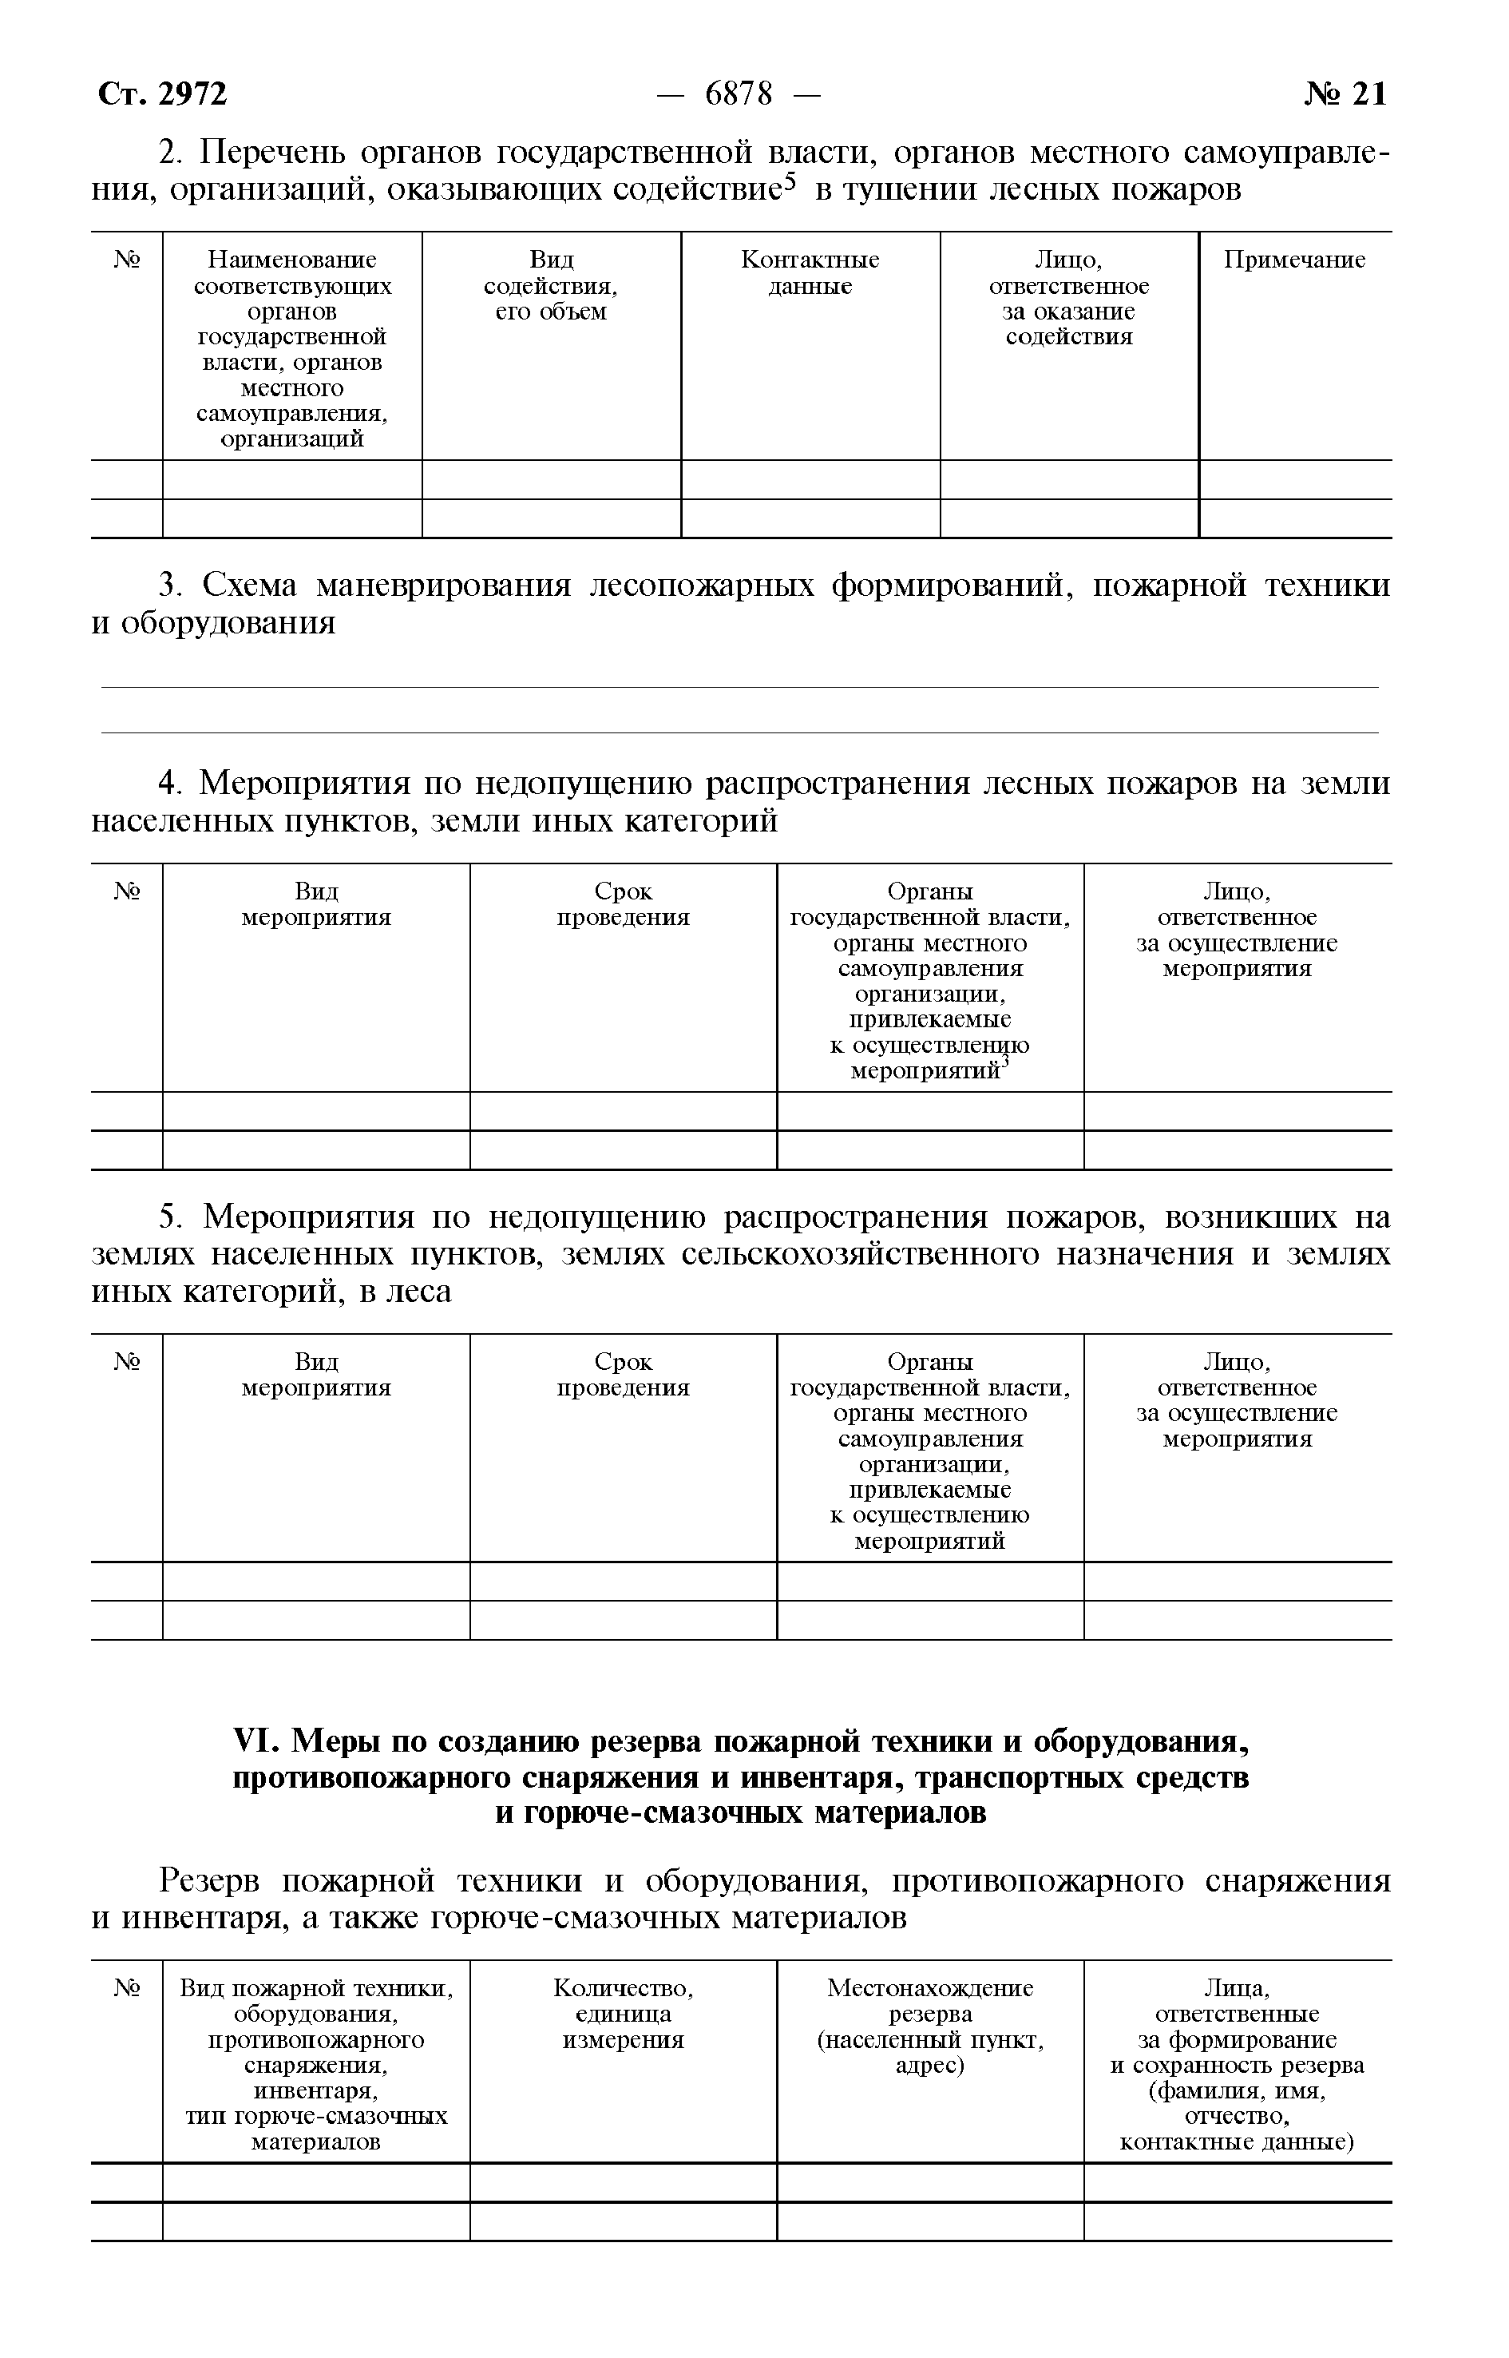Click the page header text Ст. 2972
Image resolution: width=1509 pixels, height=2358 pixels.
coord(163,94)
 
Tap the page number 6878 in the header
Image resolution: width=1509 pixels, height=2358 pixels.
coord(739,94)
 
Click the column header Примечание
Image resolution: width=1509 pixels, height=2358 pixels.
coord(1293,260)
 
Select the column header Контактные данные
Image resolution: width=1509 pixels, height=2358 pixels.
coord(810,272)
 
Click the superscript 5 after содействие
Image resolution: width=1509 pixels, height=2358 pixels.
coord(792,181)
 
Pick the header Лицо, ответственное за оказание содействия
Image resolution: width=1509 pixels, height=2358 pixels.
coord(1068,298)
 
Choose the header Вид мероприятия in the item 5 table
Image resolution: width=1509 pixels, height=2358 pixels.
coord(315,1374)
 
